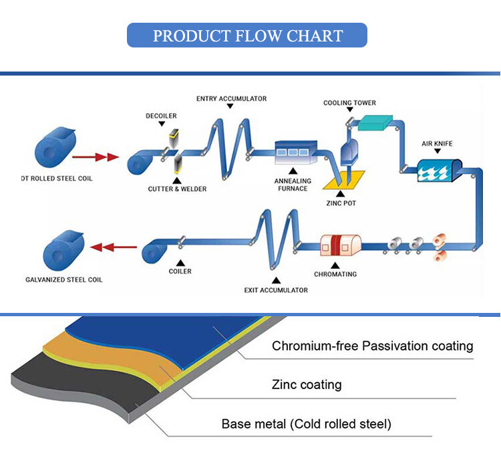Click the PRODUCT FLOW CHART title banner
(x=247, y=35)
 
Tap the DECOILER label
(x=161, y=116)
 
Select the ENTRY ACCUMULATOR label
(x=231, y=99)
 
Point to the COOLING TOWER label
(x=349, y=103)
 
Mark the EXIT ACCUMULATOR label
(x=276, y=290)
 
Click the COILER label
(x=180, y=271)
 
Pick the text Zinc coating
(x=307, y=384)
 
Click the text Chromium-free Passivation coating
(x=372, y=346)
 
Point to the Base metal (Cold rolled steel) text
(x=307, y=424)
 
